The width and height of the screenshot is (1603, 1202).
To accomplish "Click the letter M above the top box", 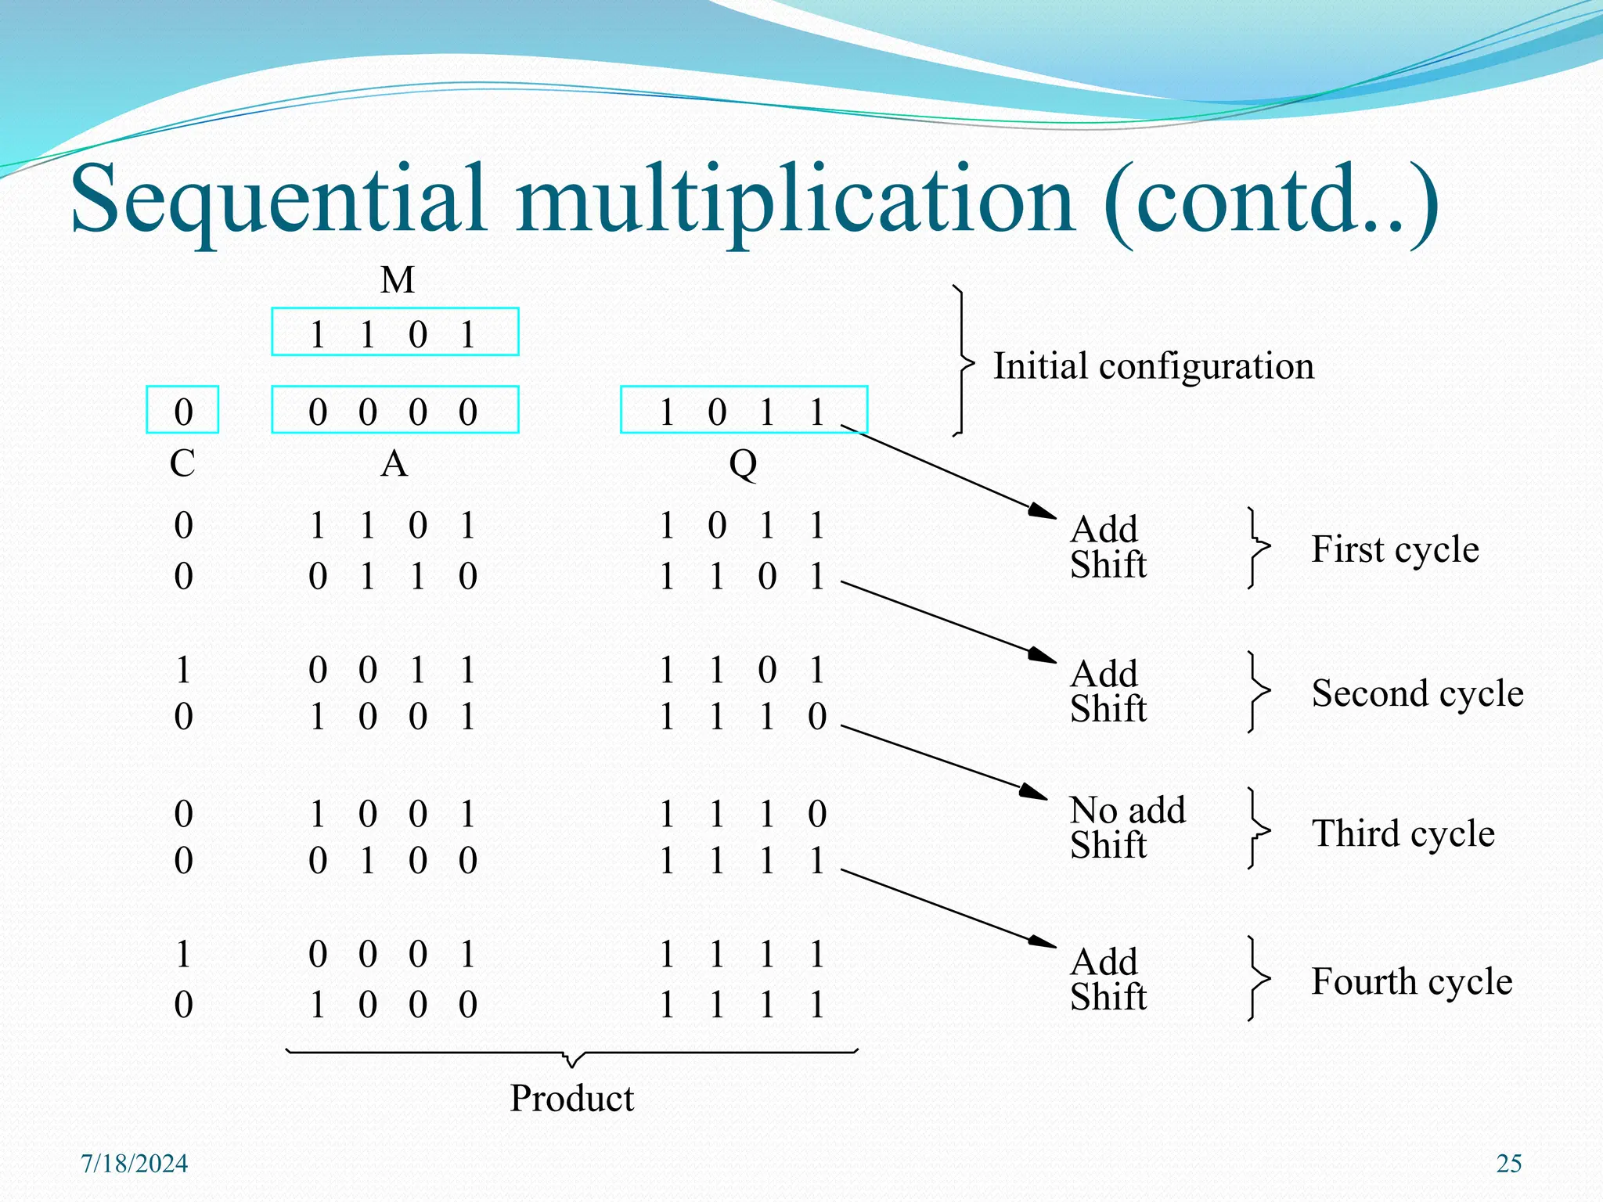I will point(397,280).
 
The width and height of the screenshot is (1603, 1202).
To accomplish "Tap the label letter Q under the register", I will point(743,465).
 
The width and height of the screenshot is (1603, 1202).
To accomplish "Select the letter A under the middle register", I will point(394,465).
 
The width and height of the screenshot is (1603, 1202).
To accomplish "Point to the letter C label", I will point(182,464).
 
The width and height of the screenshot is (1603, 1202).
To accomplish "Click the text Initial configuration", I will point(1153,366).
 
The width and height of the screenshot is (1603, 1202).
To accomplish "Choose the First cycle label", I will point(1395,549).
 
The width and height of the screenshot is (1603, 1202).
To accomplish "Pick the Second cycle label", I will point(1417,693).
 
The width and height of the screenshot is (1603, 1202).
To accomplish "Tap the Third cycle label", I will point(1403,833).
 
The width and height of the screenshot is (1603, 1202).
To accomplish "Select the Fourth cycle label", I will point(1411,981).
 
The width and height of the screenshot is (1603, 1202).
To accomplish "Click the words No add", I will point(1127,810).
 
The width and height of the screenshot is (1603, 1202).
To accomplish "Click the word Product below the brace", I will point(571,1098).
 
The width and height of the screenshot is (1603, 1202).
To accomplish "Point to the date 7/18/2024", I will point(135,1164).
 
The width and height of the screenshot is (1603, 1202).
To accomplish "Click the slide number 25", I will point(1508,1164).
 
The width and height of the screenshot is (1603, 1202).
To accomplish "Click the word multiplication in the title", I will point(794,200).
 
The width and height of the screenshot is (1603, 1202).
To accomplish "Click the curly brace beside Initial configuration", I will point(962,362).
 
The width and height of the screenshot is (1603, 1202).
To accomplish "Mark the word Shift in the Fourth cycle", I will point(1108,998).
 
